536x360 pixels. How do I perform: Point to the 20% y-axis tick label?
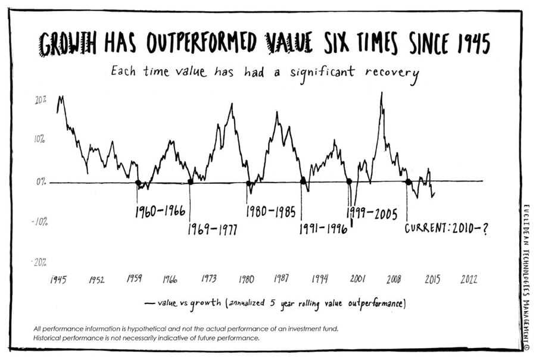point(40,100)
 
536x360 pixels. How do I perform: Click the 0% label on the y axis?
point(41,182)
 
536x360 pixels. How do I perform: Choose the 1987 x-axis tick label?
point(282,279)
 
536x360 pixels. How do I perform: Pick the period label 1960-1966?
point(160,211)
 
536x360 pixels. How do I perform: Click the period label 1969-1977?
point(213,229)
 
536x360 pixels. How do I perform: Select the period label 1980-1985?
point(271,211)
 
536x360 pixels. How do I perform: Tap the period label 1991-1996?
point(323,229)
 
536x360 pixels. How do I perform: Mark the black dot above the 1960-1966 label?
point(138,183)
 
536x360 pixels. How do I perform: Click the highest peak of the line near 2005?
point(381,93)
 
